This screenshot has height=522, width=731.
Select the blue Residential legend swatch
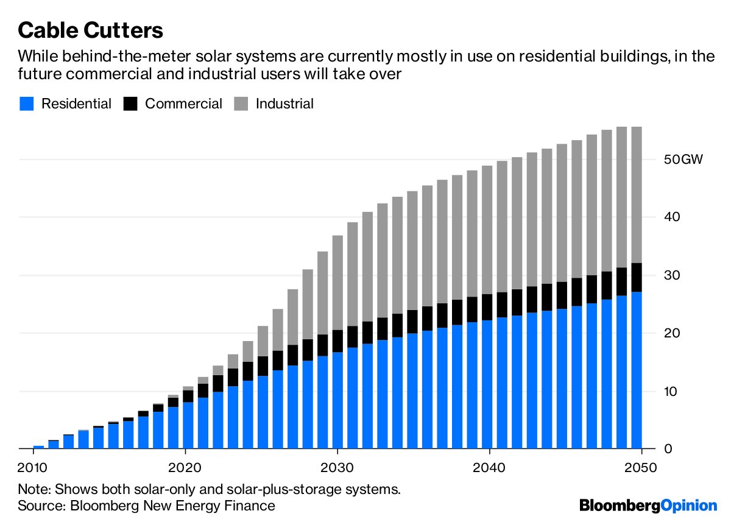pyautogui.click(x=26, y=104)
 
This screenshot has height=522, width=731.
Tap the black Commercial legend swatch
pyautogui.click(x=130, y=104)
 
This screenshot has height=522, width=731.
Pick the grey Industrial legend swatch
pyautogui.click(x=241, y=104)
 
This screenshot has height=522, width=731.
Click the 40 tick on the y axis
pyautogui.click(x=672, y=217)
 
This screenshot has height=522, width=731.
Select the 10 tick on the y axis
pyautogui.click(x=671, y=391)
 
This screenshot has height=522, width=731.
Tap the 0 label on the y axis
pyautogui.click(x=668, y=449)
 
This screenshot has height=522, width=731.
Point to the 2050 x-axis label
pyautogui.click(x=640, y=467)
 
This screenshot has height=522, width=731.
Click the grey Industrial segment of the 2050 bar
pyautogui.click(x=637, y=195)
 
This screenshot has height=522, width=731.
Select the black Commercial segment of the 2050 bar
pyautogui.click(x=637, y=277)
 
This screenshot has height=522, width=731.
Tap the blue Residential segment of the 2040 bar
pyautogui.click(x=487, y=384)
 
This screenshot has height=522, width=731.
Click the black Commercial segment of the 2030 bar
pyautogui.click(x=337, y=341)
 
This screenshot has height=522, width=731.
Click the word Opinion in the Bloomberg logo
pyautogui.click(x=689, y=505)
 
